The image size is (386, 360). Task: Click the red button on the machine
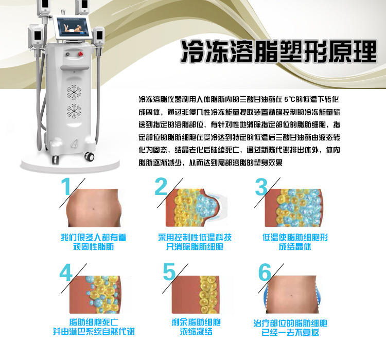click(80, 54)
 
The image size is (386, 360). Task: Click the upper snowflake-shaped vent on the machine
click(74, 92)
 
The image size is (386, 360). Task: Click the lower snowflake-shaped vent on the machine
click(74, 111)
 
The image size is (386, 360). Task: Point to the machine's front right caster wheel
click(90, 156)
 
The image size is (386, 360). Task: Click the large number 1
click(66, 186)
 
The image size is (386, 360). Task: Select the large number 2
click(161, 186)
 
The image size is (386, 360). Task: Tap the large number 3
click(261, 187)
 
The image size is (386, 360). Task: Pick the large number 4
click(66, 273)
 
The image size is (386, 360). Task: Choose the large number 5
click(169, 272)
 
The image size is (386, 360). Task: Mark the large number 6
click(265, 272)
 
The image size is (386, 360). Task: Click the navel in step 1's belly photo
click(94, 209)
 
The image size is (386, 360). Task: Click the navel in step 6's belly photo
click(291, 295)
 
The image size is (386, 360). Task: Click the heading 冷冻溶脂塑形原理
click(279, 51)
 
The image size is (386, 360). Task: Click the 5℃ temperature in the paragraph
click(289, 99)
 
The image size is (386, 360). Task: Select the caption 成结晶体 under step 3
click(295, 246)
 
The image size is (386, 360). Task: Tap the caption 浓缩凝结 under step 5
click(196, 331)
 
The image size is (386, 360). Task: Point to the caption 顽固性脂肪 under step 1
click(94, 246)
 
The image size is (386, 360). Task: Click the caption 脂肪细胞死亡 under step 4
click(94, 322)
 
